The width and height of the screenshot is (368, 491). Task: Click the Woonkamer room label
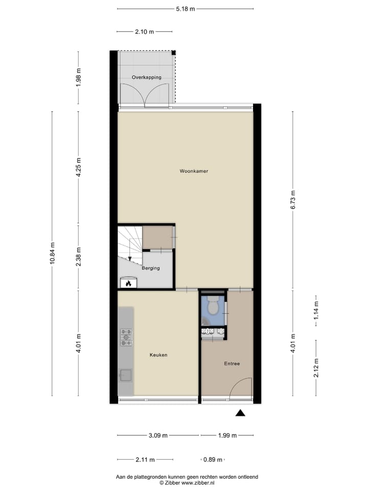(x=194, y=171)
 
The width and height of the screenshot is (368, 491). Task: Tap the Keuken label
(x=158, y=355)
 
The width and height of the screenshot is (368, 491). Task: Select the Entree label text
(x=232, y=364)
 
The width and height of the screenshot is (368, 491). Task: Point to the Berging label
(x=151, y=268)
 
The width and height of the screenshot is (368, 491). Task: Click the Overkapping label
(x=146, y=77)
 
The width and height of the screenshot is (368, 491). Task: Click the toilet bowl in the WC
(x=213, y=306)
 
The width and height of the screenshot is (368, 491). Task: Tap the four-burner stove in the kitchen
(x=126, y=337)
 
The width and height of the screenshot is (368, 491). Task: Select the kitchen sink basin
(x=126, y=376)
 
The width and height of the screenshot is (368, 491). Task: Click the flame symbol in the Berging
(x=128, y=282)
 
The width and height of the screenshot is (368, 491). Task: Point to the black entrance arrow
(x=241, y=413)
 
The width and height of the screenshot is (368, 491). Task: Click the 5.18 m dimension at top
(x=185, y=9)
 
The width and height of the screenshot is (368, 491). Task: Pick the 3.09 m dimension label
(x=158, y=436)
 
